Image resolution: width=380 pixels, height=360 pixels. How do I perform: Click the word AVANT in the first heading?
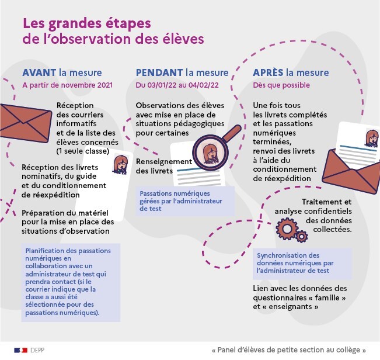click(x=39, y=72)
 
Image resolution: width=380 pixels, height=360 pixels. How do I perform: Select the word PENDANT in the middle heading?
click(x=159, y=72)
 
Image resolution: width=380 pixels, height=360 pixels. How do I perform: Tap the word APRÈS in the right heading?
click(x=268, y=72)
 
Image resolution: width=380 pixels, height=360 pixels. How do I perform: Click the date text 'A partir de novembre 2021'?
click(x=67, y=85)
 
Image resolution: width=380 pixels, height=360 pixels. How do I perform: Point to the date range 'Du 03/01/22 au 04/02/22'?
click(x=177, y=85)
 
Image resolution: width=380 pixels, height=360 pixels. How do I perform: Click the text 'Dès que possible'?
click(x=281, y=85)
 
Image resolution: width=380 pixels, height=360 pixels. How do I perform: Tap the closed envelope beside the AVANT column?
click(x=25, y=123)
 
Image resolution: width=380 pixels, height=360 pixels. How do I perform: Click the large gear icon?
click(x=287, y=229)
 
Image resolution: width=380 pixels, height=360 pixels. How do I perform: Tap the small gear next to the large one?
click(x=302, y=236)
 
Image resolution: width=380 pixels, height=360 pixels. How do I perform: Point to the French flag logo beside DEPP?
click(x=21, y=350)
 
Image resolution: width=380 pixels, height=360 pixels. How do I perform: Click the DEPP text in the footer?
click(x=37, y=350)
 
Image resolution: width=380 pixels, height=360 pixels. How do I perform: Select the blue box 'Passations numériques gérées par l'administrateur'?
click(x=185, y=201)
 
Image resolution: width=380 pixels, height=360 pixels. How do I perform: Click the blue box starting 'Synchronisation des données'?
click(x=302, y=263)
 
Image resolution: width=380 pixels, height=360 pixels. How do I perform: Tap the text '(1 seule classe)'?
click(x=83, y=151)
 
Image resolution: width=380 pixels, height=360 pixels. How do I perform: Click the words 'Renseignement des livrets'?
click(x=164, y=166)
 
